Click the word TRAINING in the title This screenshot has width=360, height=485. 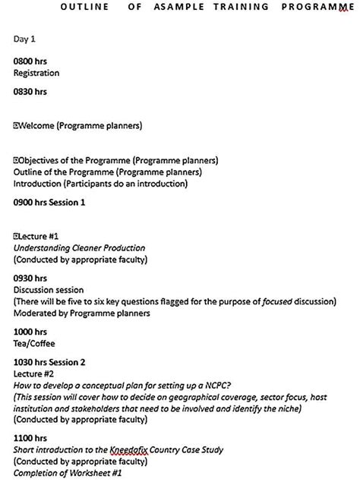242,7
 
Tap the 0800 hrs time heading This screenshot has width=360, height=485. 30,61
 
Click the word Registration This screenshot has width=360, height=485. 36,73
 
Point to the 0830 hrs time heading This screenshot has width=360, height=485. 30,92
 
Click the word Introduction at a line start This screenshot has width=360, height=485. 37,184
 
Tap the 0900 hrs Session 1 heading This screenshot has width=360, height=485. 49,203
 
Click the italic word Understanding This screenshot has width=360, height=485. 45,247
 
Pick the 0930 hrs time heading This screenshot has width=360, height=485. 30,279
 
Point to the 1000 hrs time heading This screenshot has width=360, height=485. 30,332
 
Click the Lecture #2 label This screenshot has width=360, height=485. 33,374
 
